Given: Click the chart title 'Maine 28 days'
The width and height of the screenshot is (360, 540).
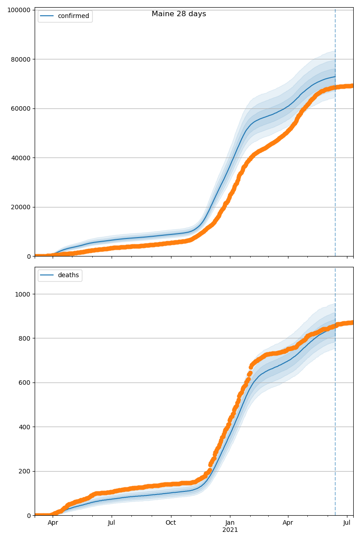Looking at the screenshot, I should pos(179,14).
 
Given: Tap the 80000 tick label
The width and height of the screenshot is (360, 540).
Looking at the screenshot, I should pos(20,59).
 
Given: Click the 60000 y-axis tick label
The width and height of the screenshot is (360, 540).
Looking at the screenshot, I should pos(20,108).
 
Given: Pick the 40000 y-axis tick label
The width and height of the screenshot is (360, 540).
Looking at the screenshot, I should pos(20,158).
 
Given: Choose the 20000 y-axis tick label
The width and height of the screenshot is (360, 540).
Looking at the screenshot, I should pos(20,207).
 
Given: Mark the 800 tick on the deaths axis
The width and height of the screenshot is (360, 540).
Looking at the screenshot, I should pos(25,338).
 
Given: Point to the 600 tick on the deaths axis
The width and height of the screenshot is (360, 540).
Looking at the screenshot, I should pos(25,382).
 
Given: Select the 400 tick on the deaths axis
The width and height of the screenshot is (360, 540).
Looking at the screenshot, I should pos(25,427).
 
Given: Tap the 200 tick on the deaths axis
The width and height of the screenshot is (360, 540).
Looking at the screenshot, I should pos(25,471).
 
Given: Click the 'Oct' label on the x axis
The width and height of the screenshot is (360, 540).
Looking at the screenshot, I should pos(171,523).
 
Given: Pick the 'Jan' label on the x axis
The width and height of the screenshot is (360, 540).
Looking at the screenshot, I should pos(230,523).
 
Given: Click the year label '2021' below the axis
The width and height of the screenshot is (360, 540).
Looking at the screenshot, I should pos(230,530).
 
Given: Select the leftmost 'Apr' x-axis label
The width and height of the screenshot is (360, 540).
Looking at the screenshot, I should pos(53,523).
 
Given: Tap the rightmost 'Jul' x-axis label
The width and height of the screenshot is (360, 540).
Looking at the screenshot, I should pos(347,523).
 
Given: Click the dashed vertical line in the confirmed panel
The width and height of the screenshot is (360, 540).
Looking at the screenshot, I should pos(335,135).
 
